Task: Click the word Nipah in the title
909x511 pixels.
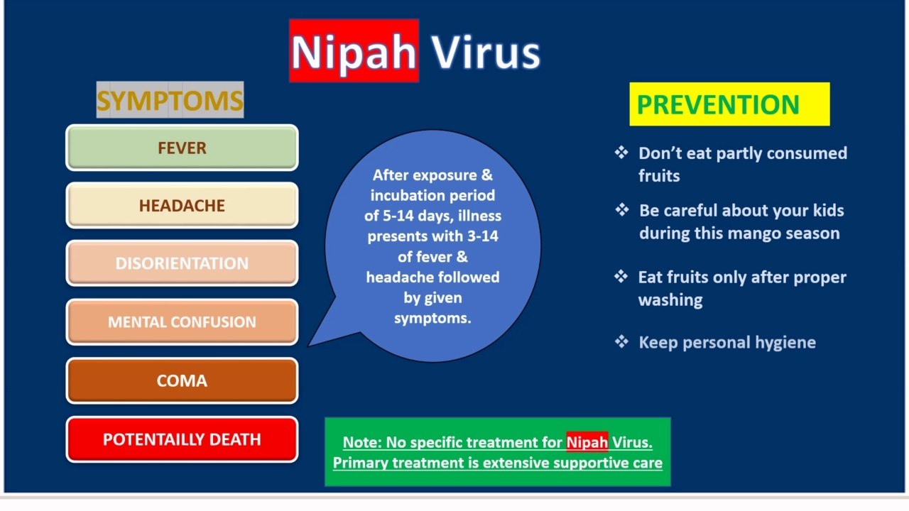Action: click(x=354, y=52)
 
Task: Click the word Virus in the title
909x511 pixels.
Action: click(x=485, y=52)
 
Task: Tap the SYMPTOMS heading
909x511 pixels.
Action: click(x=170, y=100)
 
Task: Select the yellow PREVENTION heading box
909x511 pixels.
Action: click(x=729, y=104)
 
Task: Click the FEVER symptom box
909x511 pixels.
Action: click(x=183, y=148)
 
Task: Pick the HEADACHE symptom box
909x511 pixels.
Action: click(x=183, y=205)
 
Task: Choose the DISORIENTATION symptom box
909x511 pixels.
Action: click(x=183, y=263)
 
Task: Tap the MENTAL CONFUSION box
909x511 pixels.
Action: click(x=183, y=322)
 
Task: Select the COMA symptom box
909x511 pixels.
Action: click(x=183, y=380)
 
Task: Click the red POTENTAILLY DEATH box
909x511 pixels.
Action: click(x=183, y=439)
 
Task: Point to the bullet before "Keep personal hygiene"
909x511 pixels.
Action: click(x=621, y=341)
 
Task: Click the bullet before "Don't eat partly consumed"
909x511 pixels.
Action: click(x=621, y=153)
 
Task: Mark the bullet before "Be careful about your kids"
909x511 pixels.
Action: click(x=621, y=209)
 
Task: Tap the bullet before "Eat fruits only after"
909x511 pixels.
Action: click(x=621, y=277)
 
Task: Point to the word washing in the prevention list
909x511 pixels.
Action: click(x=670, y=300)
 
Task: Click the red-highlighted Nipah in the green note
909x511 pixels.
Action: click(x=587, y=442)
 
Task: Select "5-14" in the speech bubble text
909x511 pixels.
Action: click(x=398, y=216)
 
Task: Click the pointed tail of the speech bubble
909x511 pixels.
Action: click(x=308, y=346)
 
